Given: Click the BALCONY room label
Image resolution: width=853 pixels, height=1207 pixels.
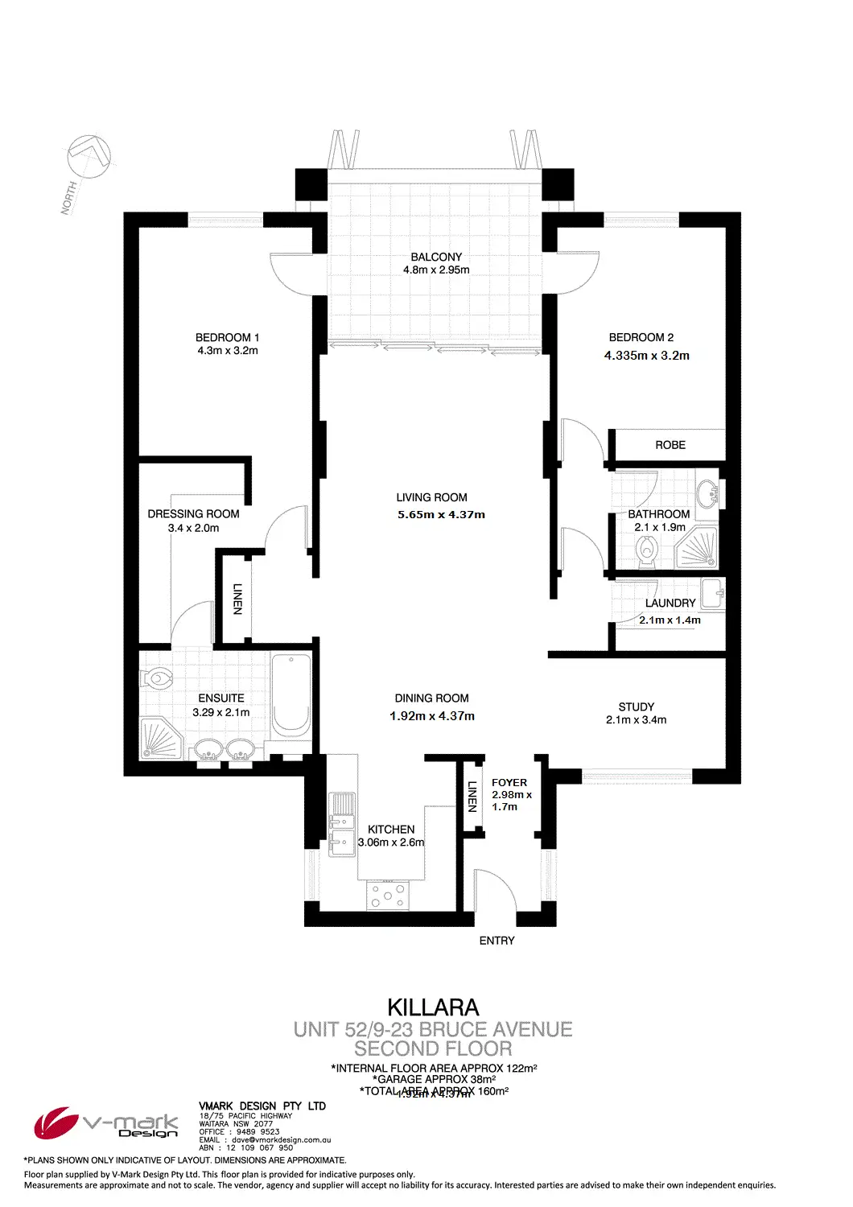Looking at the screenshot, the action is pyautogui.click(x=436, y=257).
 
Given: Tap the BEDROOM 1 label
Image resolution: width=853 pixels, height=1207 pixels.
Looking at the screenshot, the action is pyautogui.click(x=227, y=338).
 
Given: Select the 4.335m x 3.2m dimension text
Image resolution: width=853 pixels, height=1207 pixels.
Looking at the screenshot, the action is pyautogui.click(x=647, y=356).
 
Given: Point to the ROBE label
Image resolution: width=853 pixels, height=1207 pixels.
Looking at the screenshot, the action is pyautogui.click(x=670, y=445).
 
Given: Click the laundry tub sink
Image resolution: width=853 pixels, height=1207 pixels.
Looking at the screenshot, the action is pyautogui.click(x=713, y=594).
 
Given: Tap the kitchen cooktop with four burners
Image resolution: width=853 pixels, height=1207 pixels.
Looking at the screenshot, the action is pyautogui.click(x=388, y=895).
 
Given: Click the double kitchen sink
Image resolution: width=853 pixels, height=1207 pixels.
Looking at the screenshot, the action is pyautogui.click(x=343, y=822).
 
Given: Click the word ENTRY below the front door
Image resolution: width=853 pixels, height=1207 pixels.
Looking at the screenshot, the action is pyautogui.click(x=497, y=941).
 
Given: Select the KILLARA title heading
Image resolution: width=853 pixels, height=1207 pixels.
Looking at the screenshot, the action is pyautogui.click(x=433, y=1007).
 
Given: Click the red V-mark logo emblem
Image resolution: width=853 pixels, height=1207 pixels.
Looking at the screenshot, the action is pyautogui.click(x=55, y=1123).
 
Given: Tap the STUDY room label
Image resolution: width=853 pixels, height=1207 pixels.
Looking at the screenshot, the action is pyautogui.click(x=636, y=707).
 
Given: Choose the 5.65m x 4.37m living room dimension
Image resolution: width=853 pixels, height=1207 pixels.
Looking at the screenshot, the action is pyautogui.click(x=441, y=515).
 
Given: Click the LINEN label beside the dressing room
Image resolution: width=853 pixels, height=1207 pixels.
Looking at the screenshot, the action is pyautogui.click(x=237, y=599).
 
